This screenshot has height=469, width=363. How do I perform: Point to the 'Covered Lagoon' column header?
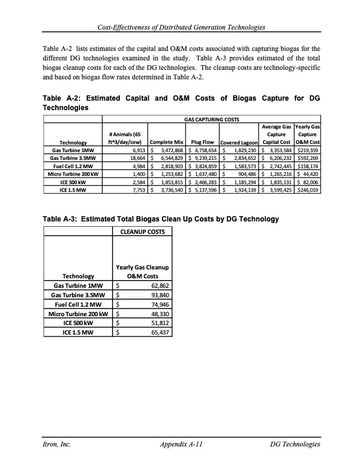(x=238, y=143)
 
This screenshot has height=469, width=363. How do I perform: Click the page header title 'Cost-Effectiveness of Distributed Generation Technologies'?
(x=181, y=27)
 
